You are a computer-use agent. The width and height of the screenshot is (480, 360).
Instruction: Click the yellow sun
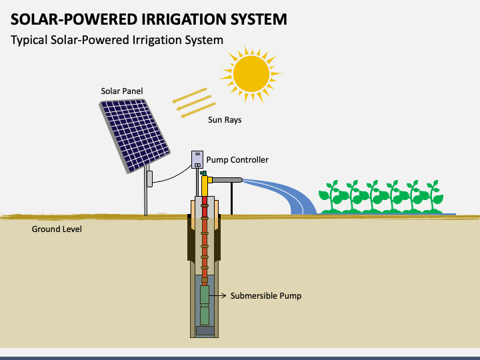click(253, 73)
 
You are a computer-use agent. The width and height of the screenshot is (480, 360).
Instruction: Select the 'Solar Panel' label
click(121, 91)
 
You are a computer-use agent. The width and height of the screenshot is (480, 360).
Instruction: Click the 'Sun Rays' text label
click(225, 120)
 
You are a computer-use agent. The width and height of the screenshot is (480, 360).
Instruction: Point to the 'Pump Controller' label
click(237, 160)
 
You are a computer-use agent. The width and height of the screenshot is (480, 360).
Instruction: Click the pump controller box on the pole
click(197, 159)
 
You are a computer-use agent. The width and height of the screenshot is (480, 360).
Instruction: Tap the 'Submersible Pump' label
click(266, 295)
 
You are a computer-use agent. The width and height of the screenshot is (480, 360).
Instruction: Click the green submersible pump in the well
click(205, 303)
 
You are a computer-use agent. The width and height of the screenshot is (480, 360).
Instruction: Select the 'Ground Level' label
click(57, 229)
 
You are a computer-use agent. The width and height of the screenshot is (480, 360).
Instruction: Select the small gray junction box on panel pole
click(150, 178)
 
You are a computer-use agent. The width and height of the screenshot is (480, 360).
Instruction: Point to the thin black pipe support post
click(231, 198)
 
